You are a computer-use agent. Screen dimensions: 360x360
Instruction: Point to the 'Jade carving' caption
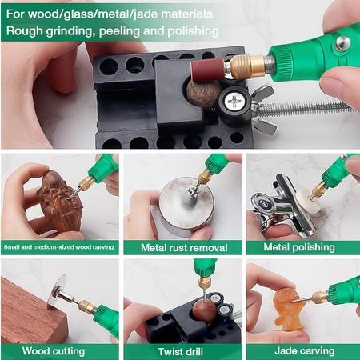tap(302, 350)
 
